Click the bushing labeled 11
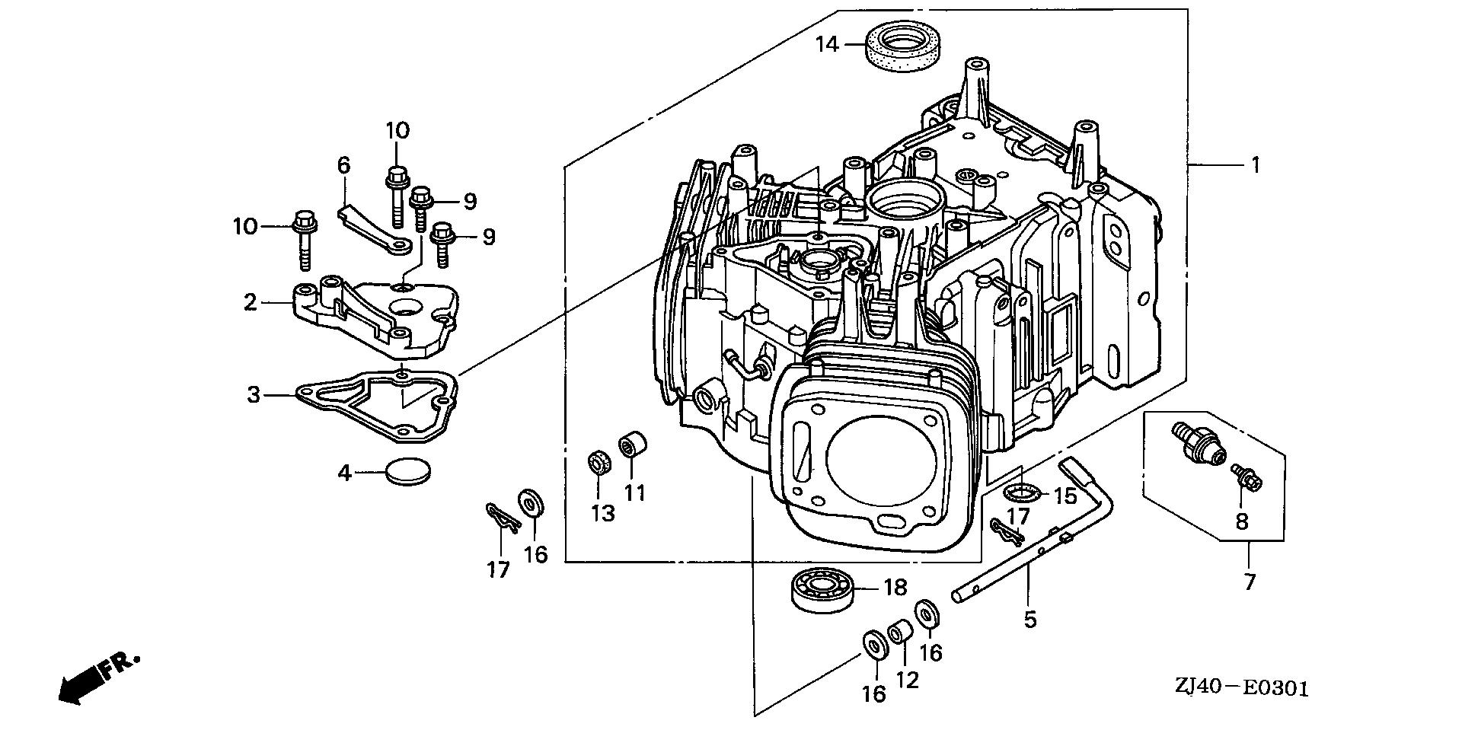pyautogui.click(x=634, y=443)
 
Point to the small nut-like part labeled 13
pyautogui.click(x=599, y=463)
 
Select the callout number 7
pyautogui.click(x=1250, y=582)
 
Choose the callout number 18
pyautogui.click(x=895, y=588)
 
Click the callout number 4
pyautogui.click(x=345, y=473)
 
